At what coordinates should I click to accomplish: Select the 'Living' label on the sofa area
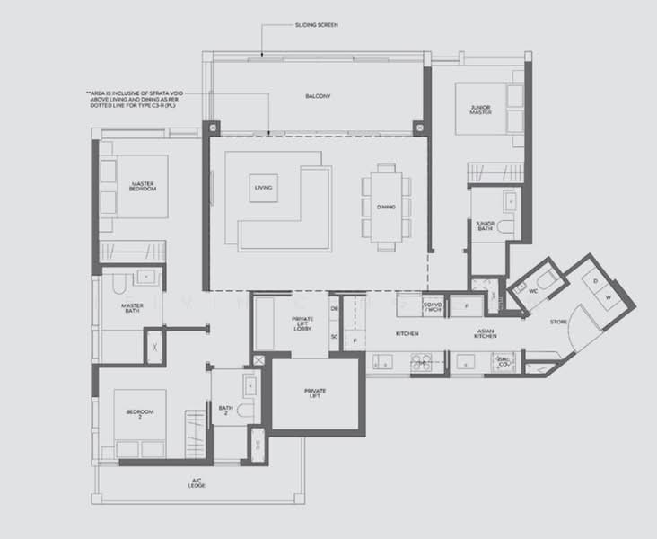263,188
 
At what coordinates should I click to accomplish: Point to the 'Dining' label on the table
386,208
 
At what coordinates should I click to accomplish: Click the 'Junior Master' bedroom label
480,110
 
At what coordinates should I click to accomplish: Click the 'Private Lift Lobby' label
302,325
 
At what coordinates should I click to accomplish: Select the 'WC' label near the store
532,291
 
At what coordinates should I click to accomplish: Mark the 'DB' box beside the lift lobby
334,309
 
